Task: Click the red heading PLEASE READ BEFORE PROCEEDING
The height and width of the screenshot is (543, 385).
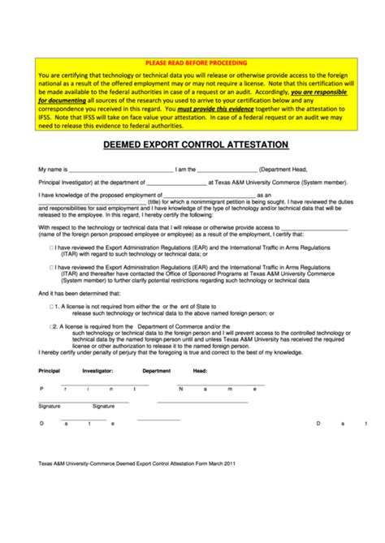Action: [196, 62]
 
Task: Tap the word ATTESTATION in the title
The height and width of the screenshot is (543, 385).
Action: [249, 144]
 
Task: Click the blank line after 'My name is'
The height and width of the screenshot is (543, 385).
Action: [121, 171]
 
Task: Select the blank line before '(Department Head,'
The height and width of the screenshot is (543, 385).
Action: [227, 171]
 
